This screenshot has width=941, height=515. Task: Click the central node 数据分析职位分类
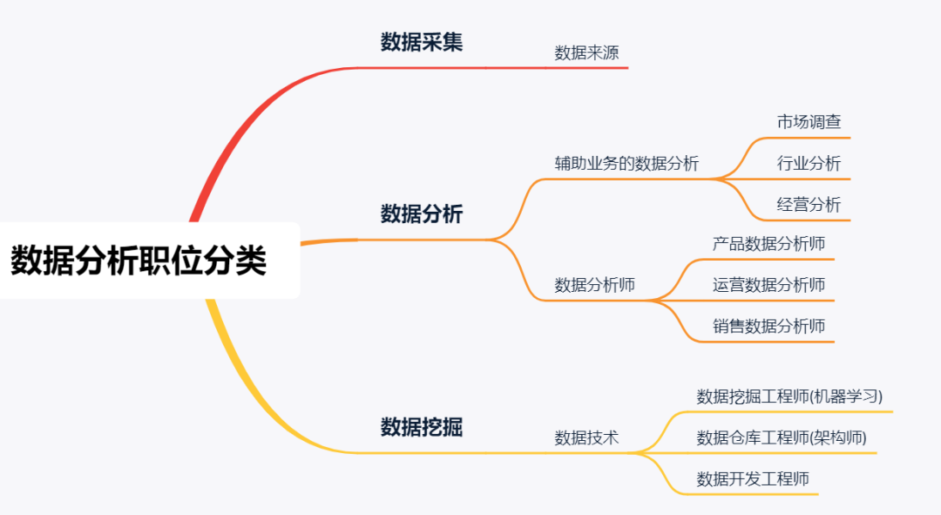[x=139, y=261]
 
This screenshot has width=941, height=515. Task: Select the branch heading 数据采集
[x=422, y=42]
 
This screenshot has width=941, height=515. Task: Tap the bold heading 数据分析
[x=422, y=213]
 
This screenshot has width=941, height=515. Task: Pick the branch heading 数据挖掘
[x=422, y=427]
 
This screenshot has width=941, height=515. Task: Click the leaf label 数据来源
[x=586, y=53]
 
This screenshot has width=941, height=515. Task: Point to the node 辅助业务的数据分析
[x=626, y=163]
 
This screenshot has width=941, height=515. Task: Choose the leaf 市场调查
[x=809, y=122]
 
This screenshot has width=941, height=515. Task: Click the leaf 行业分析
[x=809, y=163]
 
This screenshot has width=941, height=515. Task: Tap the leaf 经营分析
[x=809, y=205]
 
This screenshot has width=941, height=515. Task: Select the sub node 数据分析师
[x=594, y=285]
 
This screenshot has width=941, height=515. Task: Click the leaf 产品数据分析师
[x=768, y=244]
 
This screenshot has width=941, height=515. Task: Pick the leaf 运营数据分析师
[x=768, y=285]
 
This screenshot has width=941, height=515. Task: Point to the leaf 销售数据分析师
[x=768, y=327]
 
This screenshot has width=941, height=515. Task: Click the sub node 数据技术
[x=586, y=437]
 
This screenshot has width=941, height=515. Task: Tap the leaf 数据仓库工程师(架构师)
[x=782, y=437]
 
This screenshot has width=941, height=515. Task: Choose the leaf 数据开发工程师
[x=753, y=479]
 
